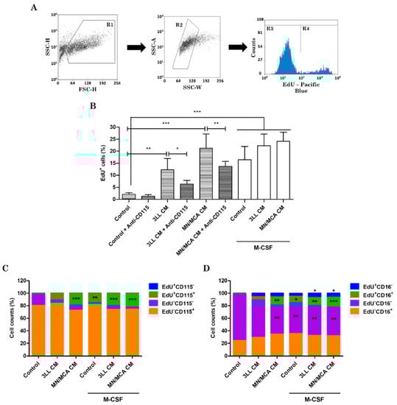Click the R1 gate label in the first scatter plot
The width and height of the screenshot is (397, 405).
110,24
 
